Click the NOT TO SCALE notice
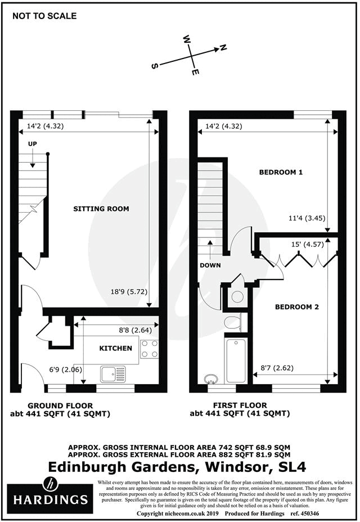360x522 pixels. [44, 16]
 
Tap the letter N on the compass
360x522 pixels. [223, 48]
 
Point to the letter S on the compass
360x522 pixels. [154, 66]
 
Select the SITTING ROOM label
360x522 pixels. [101, 209]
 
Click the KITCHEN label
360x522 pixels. [116, 348]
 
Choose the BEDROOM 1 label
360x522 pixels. [281, 172]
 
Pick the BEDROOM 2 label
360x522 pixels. [296, 307]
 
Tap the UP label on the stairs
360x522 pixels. [33, 145]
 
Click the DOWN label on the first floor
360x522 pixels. [209, 265]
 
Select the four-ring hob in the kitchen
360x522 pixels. [150, 349]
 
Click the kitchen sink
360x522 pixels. [114, 372]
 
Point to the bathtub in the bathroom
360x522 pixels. [233, 361]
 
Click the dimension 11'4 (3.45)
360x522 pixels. [305, 218]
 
